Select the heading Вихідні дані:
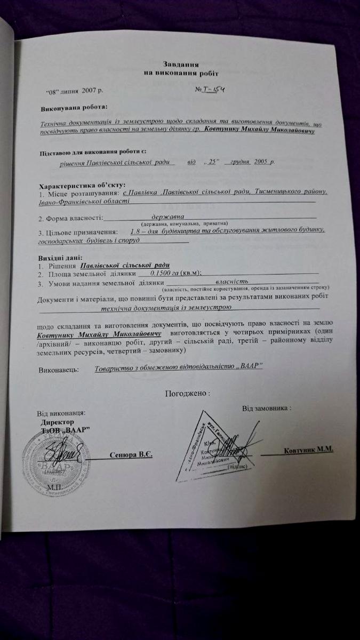coord(59,258)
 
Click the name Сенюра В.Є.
coord(131,455)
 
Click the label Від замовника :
coord(267,409)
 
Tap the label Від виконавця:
coord(60,414)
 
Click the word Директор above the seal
coord(57,422)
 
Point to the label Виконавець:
coord(59,370)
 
